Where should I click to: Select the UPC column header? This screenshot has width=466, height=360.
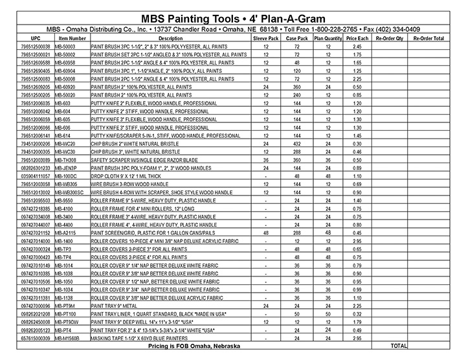27,39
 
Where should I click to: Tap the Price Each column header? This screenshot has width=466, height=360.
357,39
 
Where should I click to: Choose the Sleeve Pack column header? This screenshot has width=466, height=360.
265,39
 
